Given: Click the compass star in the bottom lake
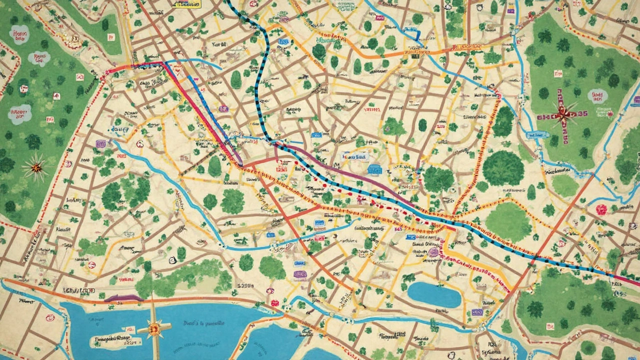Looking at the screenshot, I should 154,328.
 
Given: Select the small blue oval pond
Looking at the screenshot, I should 434,294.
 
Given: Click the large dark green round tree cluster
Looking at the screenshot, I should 503,168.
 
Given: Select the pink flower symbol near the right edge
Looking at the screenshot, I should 601,209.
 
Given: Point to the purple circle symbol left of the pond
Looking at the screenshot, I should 433,252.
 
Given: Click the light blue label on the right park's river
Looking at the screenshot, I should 539,134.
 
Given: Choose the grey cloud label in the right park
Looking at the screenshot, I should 597,96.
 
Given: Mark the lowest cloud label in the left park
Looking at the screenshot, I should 20,114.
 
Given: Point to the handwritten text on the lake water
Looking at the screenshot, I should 203,323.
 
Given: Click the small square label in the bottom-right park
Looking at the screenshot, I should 550,326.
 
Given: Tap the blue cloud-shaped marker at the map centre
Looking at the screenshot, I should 374,170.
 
